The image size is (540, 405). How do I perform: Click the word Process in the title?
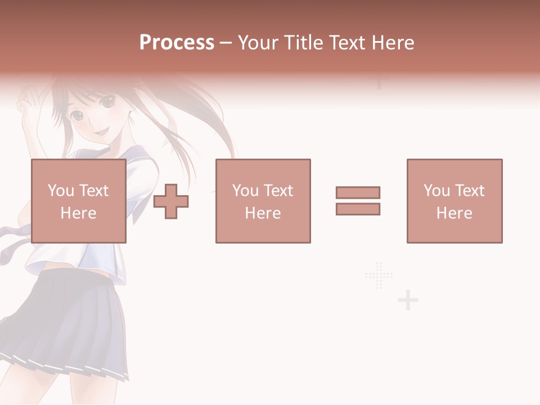(177, 43)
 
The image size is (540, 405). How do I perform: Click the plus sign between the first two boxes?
(171, 201)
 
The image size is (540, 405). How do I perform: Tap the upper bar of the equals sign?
(358, 192)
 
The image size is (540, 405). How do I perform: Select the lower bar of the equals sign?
(358, 209)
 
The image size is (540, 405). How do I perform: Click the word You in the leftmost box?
(60, 190)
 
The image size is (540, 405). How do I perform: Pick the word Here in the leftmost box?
(78, 213)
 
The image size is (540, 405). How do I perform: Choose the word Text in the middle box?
(278, 190)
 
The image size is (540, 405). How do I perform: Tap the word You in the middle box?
(245, 190)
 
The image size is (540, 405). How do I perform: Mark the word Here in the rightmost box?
(454, 213)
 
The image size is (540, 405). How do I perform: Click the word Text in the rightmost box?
(469, 190)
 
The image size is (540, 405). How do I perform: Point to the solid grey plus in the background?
(408, 301)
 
